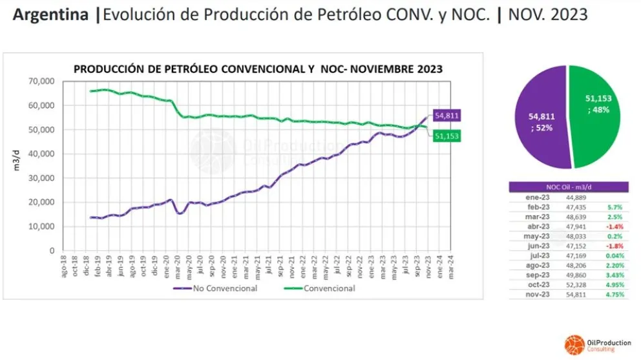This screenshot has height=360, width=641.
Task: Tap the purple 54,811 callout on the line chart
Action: pos(447,116)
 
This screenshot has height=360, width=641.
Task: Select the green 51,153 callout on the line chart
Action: pos(447,136)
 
